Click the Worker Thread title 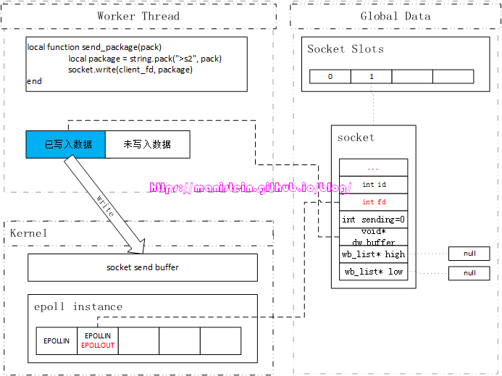(138, 16)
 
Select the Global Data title (395, 16)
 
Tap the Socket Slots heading (346, 49)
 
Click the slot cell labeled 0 (330, 76)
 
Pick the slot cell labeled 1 (371, 76)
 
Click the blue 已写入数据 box (66, 144)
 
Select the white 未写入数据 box (147, 144)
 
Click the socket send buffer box (142, 267)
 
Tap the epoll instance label (78, 306)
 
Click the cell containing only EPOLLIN (57, 341)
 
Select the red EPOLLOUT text (98, 346)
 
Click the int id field (374, 185)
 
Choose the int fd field (374, 202)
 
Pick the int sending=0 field (373, 220)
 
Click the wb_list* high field (373, 254)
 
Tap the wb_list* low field (373, 272)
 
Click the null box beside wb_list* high (469, 254)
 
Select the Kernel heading (28, 233)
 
